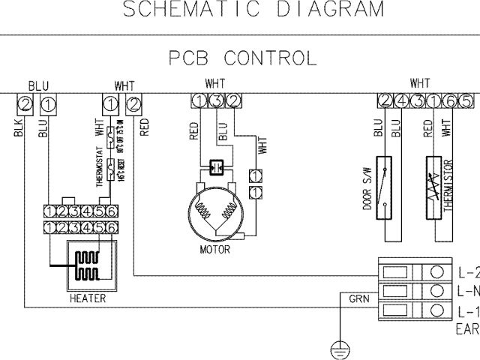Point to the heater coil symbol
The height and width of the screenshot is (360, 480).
(91, 265)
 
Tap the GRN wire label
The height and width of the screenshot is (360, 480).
(358, 298)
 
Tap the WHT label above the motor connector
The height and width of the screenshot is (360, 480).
(215, 84)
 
